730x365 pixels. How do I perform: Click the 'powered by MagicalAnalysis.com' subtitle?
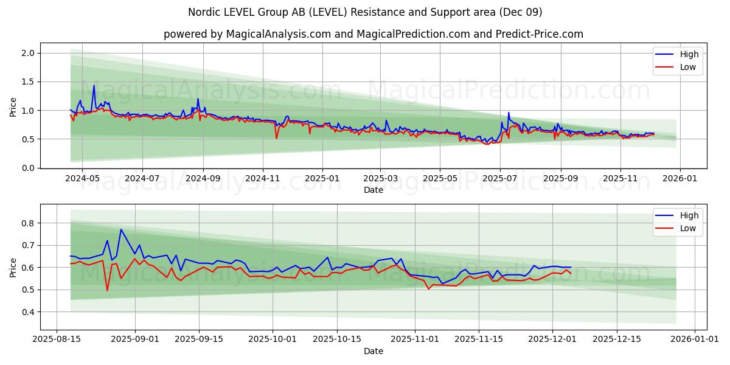click(x=374, y=34)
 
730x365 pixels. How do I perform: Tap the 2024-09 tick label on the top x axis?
click(x=203, y=179)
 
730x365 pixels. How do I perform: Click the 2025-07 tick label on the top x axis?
click(x=499, y=179)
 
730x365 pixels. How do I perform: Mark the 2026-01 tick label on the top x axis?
click(x=680, y=179)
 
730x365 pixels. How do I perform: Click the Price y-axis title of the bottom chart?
click(x=13, y=268)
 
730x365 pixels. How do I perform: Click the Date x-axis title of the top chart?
click(x=374, y=190)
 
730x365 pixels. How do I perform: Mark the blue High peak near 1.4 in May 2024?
click(x=94, y=86)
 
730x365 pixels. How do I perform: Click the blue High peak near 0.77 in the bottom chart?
click(x=121, y=229)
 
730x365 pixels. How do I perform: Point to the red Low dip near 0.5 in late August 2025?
click(x=108, y=290)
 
